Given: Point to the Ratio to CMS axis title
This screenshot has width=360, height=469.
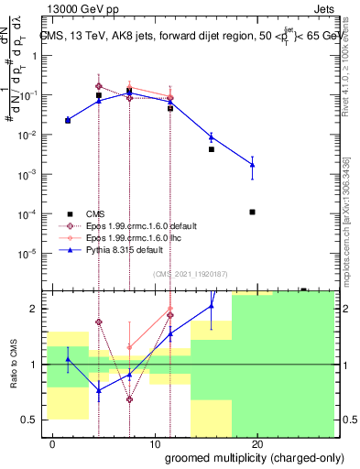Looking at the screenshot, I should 13,365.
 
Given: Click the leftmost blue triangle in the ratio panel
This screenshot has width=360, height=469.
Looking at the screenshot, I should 68,359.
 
